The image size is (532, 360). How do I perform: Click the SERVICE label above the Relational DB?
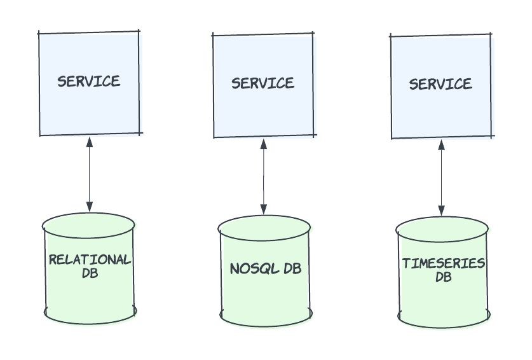click(88, 81)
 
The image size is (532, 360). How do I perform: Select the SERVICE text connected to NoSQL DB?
click(263, 83)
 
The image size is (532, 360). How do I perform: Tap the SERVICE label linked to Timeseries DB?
click(440, 84)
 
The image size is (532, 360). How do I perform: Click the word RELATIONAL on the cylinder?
click(90, 260)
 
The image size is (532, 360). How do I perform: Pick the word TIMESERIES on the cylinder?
click(444, 263)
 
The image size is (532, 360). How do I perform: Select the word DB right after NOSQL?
click(292, 268)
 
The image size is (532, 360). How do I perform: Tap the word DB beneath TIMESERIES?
click(444, 277)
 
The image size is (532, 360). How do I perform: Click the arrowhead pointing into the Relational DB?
click(89, 206)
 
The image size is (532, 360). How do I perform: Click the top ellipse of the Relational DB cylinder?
click(89, 224)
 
